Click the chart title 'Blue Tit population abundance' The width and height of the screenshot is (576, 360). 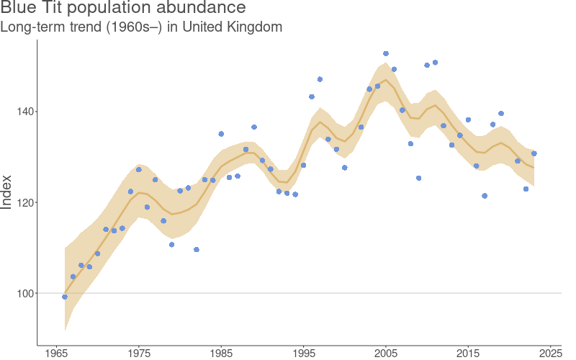pos(123,9)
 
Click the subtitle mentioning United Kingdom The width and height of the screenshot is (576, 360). pos(141,27)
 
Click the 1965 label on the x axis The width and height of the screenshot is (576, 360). pos(57,353)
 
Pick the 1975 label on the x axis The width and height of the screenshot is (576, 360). pos(139,353)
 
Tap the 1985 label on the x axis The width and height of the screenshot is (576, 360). pos(221,353)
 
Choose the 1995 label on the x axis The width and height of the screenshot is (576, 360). pos(303,353)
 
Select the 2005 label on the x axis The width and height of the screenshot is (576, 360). pos(386,353)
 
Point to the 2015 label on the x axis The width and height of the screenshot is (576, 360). pos(468,353)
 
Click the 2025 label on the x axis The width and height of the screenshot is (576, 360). pos(550,353)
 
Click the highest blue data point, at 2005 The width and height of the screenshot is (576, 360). pos(386,53)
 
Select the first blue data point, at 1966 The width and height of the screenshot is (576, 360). pos(65,297)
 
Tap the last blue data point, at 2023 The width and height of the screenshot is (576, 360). pos(534,153)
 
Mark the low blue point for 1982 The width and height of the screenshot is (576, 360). pos(197,250)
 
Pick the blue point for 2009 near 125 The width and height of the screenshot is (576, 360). pos(418,178)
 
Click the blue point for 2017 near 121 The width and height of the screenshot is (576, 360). pos(485,196)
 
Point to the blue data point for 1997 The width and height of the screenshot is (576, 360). pos(320,79)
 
